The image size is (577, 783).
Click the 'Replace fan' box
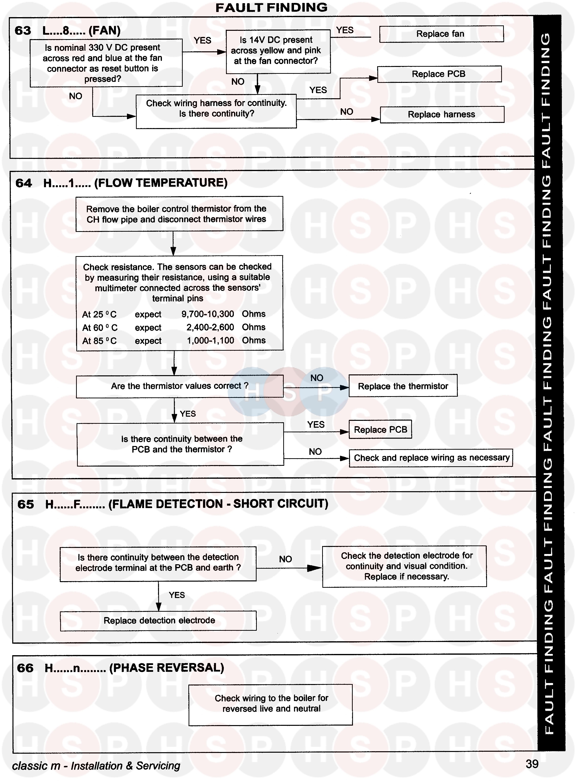click(x=441, y=34)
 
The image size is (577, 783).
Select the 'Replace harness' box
click(x=442, y=114)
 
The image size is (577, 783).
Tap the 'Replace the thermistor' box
click(x=403, y=386)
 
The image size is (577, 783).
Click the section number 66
click(x=25, y=668)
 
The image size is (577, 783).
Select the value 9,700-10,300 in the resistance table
click(x=207, y=314)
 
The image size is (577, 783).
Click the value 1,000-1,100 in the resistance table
click(x=210, y=341)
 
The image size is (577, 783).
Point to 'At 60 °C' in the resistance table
click(x=100, y=328)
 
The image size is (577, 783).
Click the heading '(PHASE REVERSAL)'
click(x=167, y=667)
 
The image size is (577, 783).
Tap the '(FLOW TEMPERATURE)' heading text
click(x=161, y=183)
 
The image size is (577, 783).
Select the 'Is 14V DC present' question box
click(x=278, y=51)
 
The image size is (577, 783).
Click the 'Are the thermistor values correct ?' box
click(x=180, y=386)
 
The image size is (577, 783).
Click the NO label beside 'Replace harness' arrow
click(x=347, y=112)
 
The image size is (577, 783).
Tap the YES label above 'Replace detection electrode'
click(x=177, y=595)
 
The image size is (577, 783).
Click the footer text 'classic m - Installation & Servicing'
click(x=96, y=766)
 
